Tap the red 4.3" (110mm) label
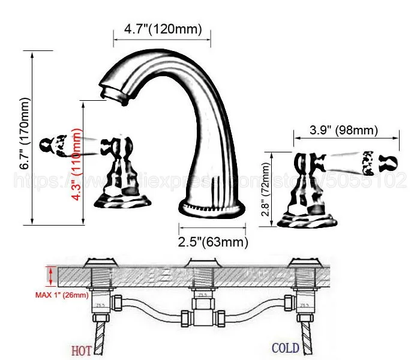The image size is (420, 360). [76, 162]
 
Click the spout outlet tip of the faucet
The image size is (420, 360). [108, 93]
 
